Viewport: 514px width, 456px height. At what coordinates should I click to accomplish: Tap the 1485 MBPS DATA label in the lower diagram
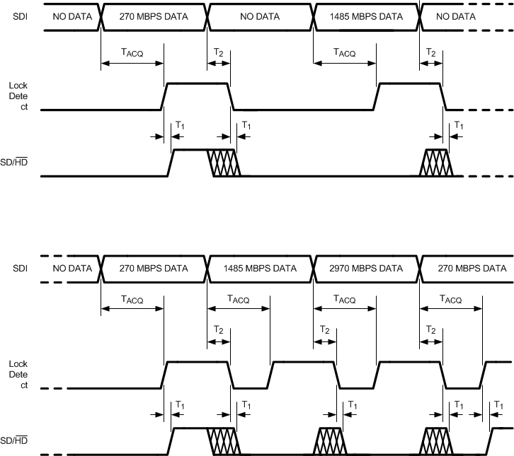click(260, 269)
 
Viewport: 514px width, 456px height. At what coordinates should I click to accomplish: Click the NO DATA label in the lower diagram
click(72, 269)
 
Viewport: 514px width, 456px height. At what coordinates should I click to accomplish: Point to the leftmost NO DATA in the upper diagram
click(72, 16)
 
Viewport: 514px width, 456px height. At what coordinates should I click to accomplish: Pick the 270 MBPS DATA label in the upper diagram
click(154, 16)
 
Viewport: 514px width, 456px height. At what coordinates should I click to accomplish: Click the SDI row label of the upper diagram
click(21, 16)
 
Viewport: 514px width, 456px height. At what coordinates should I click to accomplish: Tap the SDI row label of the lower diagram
click(21, 269)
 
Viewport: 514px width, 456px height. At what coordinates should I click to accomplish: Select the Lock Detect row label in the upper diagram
click(18, 97)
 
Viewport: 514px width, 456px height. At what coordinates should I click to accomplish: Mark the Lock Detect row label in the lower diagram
click(18, 375)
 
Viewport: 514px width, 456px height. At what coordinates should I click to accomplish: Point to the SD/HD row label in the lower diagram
click(18, 441)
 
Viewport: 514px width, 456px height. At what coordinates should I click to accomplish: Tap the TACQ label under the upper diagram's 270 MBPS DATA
click(132, 53)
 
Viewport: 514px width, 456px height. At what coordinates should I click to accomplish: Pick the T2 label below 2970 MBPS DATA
click(324, 329)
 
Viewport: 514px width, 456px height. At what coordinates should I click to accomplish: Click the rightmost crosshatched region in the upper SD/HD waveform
click(435, 163)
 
